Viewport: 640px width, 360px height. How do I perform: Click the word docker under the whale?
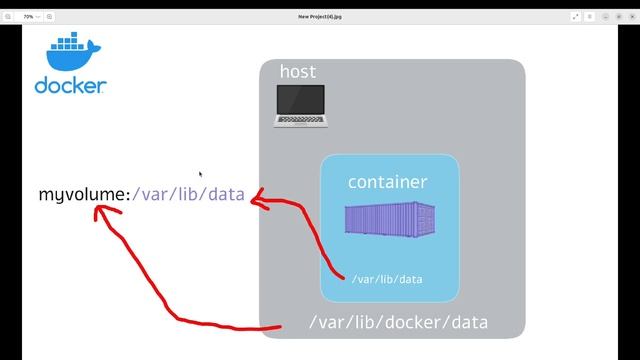[x=70, y=86]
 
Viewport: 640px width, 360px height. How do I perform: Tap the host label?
[x=298, y=72]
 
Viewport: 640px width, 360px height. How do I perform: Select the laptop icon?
[x=301, y=105]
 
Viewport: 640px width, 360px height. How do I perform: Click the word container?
[x=387, y=182]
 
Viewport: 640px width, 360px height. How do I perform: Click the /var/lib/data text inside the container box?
[x=387, y=279]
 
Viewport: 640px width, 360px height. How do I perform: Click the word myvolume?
[x=84, y=194]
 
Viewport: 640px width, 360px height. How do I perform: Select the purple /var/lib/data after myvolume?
[x=188, y=194]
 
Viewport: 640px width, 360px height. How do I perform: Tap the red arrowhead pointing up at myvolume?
[x=106, y=211]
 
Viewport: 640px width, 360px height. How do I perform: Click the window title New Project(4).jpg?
[x=320, y=16]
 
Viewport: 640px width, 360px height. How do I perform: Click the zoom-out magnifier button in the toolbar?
[x=10, y=16]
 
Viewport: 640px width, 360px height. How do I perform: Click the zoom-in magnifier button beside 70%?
[x=50, y=16]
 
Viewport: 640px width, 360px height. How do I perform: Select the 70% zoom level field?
[x=30, y=16]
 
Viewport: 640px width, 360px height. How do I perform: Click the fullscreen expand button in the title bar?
[x=576, y=16]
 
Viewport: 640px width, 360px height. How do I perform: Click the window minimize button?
[x=607, y=16]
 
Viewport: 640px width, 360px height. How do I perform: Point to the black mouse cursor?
[x=200, y=174]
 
